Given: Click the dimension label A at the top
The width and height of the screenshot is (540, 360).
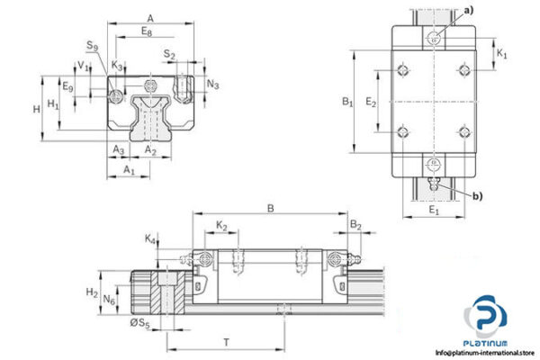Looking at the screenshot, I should click(x=150, y=17).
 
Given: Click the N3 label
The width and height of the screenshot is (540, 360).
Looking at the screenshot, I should click(x=212, y=85).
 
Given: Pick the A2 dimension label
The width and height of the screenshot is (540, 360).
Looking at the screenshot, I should click(x=150, y=149).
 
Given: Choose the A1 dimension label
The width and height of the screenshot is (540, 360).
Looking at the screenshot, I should click(x=129, y=169).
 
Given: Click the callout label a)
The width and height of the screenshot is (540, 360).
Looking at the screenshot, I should click(x=466, y=10).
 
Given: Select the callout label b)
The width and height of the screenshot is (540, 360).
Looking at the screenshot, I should click(x=476, y=196).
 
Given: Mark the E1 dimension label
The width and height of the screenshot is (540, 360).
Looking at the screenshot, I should click(x=433, y=211).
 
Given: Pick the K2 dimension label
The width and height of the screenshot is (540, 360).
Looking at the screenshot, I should click(x=221, y=225).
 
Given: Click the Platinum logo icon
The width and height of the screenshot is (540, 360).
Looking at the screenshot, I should click(x=484, y=320).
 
